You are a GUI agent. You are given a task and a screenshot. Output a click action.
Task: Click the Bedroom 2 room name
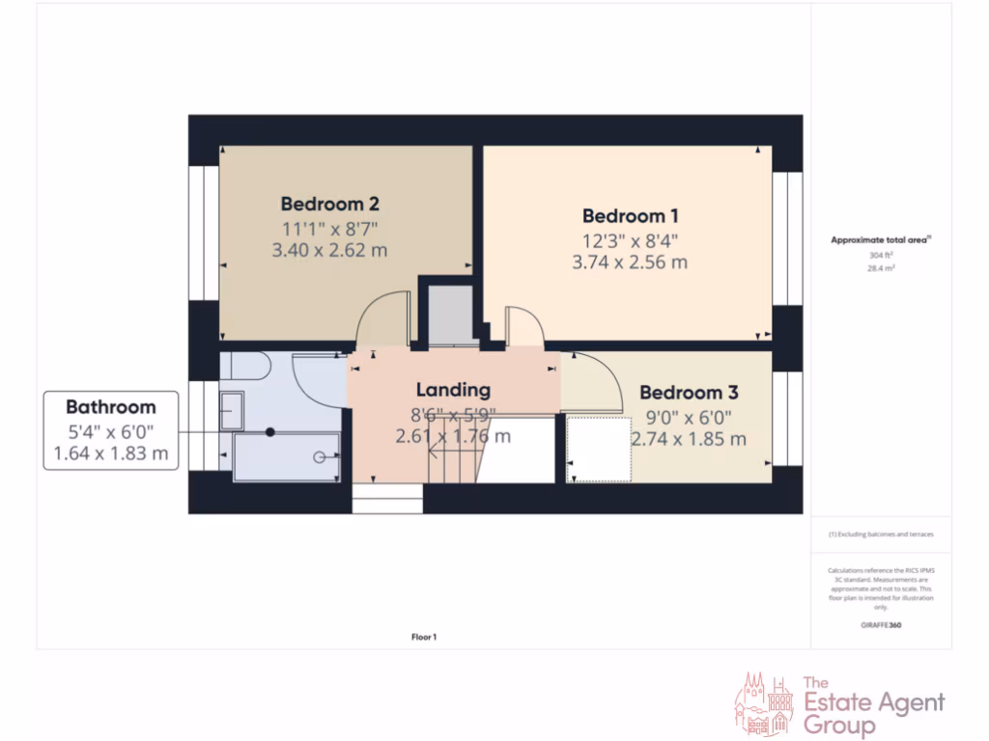coord(329,204)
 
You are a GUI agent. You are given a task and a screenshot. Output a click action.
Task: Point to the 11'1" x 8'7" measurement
coord(329,229)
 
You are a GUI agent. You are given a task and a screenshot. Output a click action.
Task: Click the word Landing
coord(453,390)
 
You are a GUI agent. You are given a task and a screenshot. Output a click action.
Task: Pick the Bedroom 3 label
coord(689,393)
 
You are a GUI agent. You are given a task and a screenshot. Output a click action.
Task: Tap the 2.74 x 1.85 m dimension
coord(689,439)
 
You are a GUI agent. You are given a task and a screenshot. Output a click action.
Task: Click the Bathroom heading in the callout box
coord(111,406)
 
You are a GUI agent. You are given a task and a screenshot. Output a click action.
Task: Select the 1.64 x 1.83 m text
coord(111,453)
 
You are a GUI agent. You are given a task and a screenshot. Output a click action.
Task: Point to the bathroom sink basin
coord(231,410)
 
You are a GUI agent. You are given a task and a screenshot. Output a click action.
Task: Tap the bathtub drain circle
coord(318,458)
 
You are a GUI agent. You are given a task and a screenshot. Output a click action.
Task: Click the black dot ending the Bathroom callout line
coord(270,431)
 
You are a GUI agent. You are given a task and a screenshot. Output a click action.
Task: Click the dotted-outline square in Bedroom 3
coord(599,448)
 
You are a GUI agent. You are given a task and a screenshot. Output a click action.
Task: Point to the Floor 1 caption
coord(424,637)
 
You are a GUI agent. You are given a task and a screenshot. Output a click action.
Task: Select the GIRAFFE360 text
coord(881,625)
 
